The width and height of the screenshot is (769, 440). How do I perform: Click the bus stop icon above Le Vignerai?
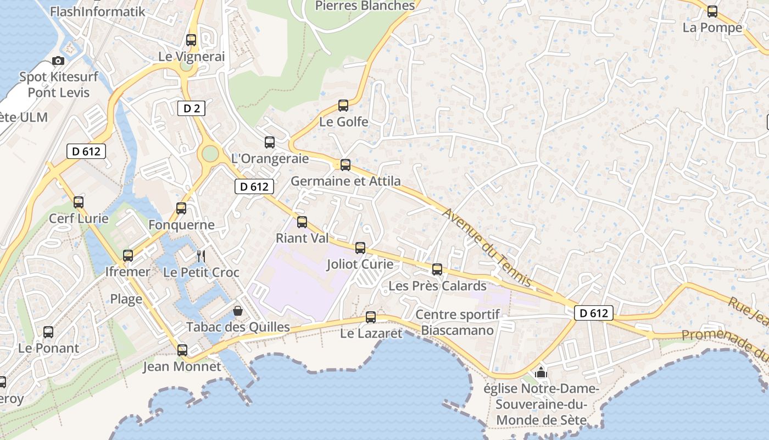click(x=191, y=40)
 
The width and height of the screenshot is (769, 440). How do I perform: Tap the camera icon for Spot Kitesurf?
click(x=58, y=61)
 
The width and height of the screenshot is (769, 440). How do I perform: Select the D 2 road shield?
click(x=191, y=108)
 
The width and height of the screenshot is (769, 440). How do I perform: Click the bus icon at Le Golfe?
click(x=343, y=105)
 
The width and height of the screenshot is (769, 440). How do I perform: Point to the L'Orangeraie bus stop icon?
click(x=270, y=142)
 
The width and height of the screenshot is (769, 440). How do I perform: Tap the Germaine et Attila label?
click(x=346, y=181)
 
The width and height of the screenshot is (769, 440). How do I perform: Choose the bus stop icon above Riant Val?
click(x=302, y=222)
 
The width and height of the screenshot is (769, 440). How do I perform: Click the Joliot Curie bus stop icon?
click(x=360, y=248)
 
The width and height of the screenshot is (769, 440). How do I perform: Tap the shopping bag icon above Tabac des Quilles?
click(x=238, y=311)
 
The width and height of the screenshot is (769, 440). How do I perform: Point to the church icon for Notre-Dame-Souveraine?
click(x=541, y=373)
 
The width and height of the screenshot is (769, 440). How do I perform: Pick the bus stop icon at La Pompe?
click(x=712, y=11)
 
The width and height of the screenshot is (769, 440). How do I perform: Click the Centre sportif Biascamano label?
click(x=458, y=322)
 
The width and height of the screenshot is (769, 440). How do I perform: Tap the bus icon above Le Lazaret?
click(x=371, y=317)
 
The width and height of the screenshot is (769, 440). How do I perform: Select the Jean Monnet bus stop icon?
click(x=182, y=350)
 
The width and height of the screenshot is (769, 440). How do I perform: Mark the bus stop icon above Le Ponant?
click(x=48, y=332)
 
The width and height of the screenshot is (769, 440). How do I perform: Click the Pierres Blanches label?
click(x=365, y=6)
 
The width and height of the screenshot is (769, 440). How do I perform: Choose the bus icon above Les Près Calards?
click(x=437, y=269)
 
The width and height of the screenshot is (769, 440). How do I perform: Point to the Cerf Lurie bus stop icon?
click(x=79, y=202)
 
